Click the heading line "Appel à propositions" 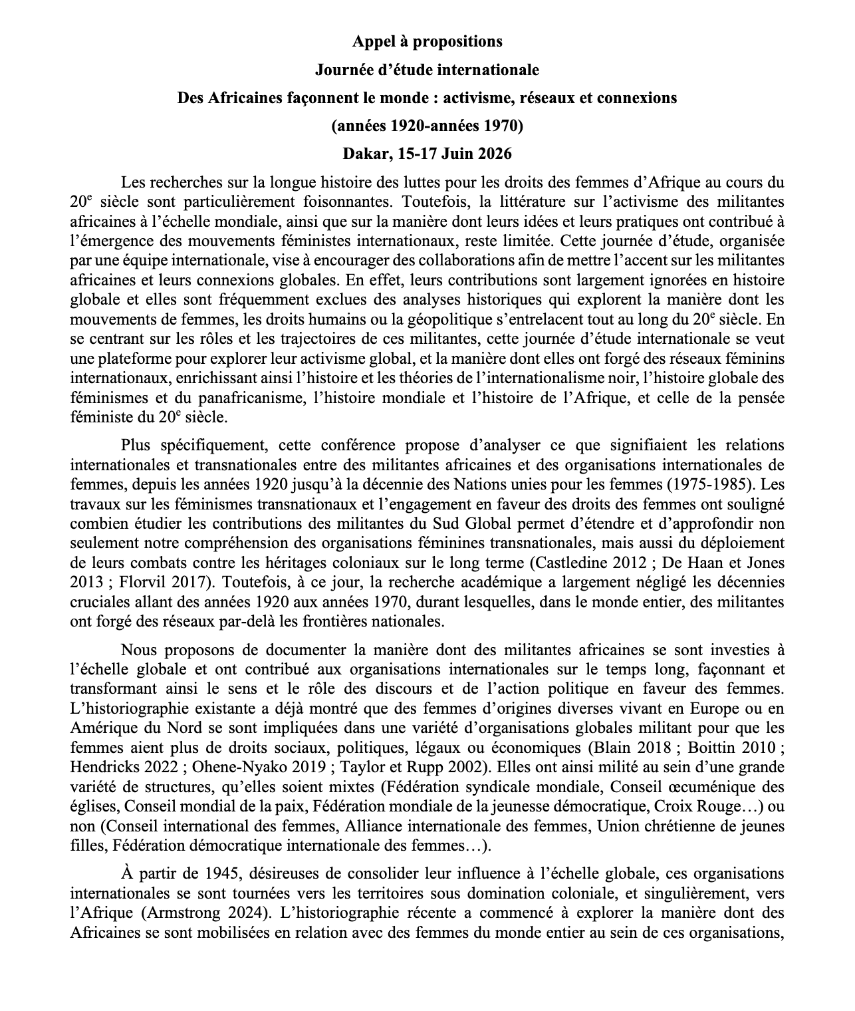tap(427, 41)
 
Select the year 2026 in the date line tap(493, 154)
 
